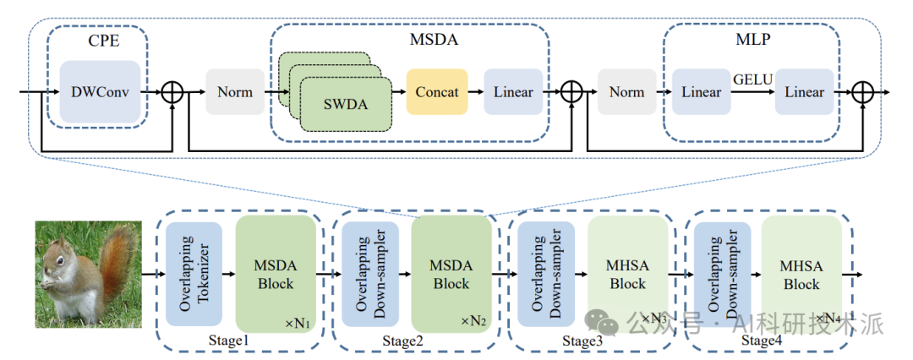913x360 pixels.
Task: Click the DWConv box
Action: point(100,91)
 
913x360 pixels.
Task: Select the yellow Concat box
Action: point(437,91)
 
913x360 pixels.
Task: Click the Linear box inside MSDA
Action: point(513,91)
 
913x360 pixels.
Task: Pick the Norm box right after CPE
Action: point(235,91)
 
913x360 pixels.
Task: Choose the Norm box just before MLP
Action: point(626,91)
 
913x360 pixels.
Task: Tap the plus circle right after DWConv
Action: point(172,91)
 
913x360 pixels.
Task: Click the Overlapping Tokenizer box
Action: point(194,274)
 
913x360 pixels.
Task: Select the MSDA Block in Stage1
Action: point(276,274)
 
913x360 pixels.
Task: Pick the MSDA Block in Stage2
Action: point(451,274)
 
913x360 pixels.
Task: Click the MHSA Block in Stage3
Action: point(627,274)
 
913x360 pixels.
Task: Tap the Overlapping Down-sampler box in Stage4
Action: point(722,274)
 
